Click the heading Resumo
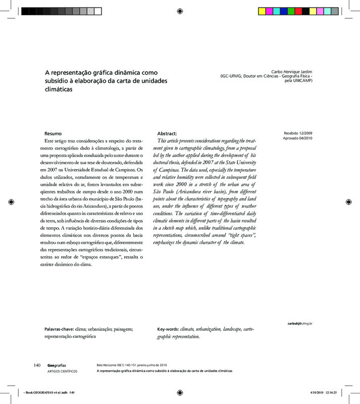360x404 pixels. pos(54,132)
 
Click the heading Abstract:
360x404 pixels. pos(167,132)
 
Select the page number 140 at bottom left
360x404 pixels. pos(37,365)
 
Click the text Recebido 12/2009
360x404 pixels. pos(297,132)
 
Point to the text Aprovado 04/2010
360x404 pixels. pos(297,138)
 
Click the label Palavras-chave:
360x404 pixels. pos(60,329)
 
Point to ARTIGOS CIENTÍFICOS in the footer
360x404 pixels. pos(62,371)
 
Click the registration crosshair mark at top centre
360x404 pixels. pos(180,11)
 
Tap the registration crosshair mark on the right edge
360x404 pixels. pos(348,202)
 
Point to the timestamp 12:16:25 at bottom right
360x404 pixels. pos(331,393)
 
